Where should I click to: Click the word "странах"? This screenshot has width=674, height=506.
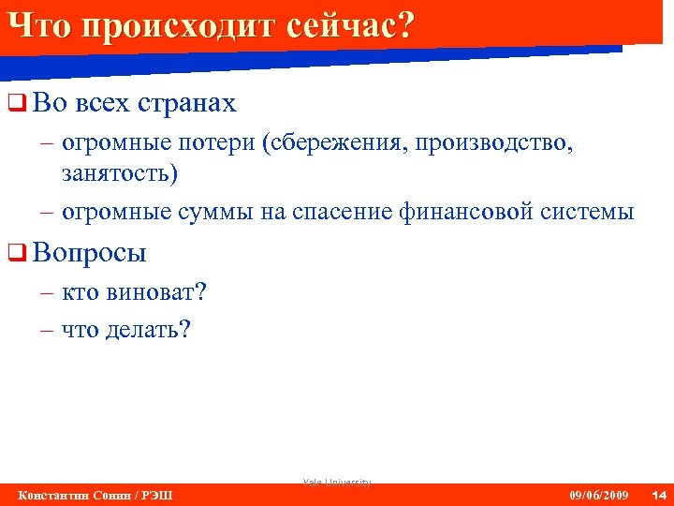click(x=189, y=103)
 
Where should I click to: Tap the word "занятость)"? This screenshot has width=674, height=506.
click(x=119, y=173)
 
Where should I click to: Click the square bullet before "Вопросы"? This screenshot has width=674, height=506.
click(x=14, y=252)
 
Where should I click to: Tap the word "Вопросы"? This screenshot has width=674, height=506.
click(x=90, y=252)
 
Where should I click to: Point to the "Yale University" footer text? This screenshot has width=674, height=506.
click(x=337, y=482)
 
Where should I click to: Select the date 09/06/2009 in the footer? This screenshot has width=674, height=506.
click(x=599, y=495)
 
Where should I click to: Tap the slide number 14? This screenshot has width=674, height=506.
click(x=657, y=495)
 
